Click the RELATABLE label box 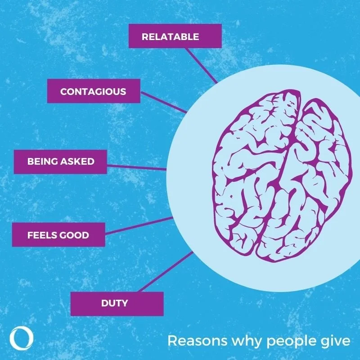pyautogui.click(x=175, y=36)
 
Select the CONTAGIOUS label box pyautogui.click(x=94, y=91)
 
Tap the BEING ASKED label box pyautogui.click(x=60, y=162)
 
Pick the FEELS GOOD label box pyautogui.click(x=58, y=234)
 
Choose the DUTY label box pyautogui.click(x=117, y=304)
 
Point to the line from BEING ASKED pyautogui.click(x=136, y=166)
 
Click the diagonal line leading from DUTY pyautogui.click(x=166, y=273)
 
